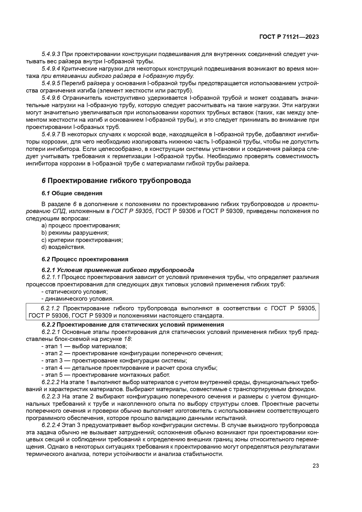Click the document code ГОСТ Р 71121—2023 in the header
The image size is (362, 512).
click(289, 37)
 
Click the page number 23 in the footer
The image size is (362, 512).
click(316, 466)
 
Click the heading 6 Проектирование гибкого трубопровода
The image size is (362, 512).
click(116, 181)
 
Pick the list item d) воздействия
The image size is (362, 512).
click(63, 247)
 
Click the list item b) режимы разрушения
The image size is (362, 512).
click(75, 233)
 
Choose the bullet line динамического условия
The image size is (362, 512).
click(77, 299)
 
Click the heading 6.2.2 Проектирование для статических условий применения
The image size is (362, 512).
click(133, 325)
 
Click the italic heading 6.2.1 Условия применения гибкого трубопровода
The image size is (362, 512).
click(118, 270)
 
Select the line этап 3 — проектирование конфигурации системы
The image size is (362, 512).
click(114, 361)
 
